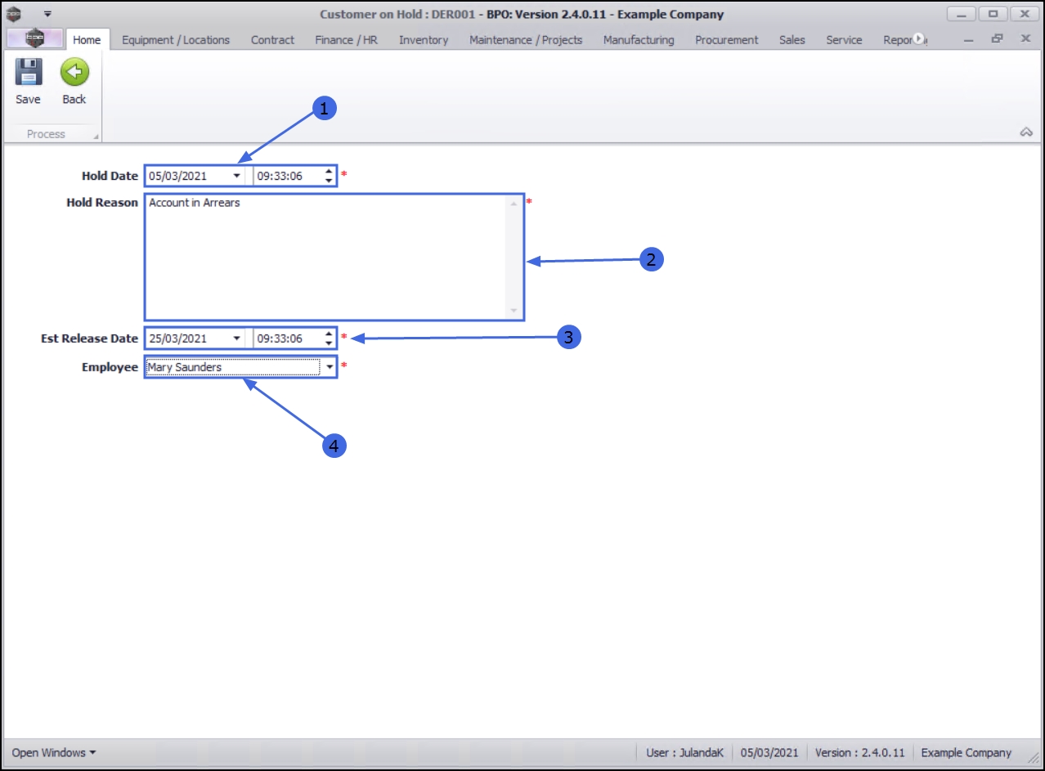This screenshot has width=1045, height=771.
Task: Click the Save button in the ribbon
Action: pos(28,83)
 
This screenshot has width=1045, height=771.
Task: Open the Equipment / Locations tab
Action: pos(176,39)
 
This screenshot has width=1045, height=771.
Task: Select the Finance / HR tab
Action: pos(346,39)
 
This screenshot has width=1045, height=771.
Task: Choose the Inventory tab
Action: pos(424,39)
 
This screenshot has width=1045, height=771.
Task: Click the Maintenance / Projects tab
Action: pos(526,39)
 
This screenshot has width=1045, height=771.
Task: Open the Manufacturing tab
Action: pos(639,39)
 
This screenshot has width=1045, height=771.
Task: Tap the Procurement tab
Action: pos(726,39)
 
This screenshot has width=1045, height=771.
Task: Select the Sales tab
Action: pos(792,39)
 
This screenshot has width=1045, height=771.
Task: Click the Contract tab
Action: pos(272,39)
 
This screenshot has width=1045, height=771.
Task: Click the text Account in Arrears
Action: pos(195,203)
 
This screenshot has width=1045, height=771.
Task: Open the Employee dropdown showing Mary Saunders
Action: pos(330,368)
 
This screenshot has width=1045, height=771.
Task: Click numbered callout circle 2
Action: pos(651,260)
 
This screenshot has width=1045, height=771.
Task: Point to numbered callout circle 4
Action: pos(334,446)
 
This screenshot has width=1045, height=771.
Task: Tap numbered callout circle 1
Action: pos(325,108)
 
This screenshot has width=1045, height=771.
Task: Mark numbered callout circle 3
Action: pos(569,337)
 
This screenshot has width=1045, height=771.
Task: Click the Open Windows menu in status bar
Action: pos(54,752)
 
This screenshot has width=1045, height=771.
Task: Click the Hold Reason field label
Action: pos(102,203)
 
